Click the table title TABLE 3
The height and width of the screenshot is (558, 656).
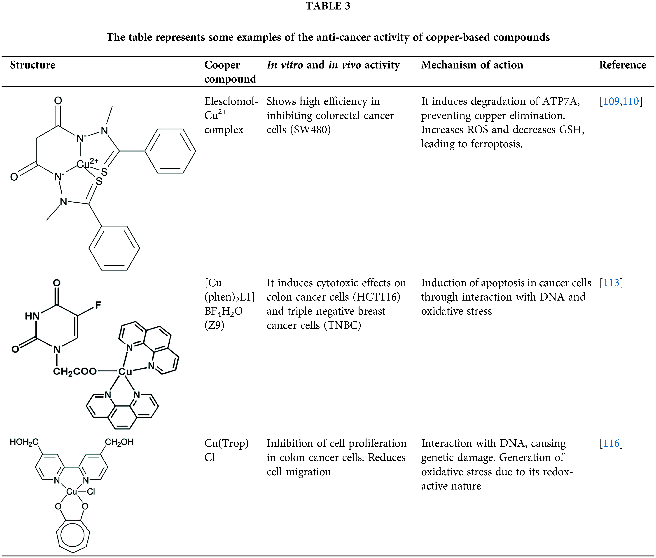[x=328, y=6]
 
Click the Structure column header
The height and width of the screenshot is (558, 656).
[x=33, y=65]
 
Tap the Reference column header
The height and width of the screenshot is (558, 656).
[x=622, y=65]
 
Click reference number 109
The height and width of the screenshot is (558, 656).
[x=611, y=101]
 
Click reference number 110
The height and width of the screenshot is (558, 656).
[x=631, y=101]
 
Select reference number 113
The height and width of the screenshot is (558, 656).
[x=611, y=283]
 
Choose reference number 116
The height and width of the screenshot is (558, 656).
[x=611, y=443]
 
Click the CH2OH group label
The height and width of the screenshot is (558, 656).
[x=119, y=442]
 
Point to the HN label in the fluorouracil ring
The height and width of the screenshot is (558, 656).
[x=32, y=316]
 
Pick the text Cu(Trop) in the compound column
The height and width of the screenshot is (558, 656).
[x=226, y=443]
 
